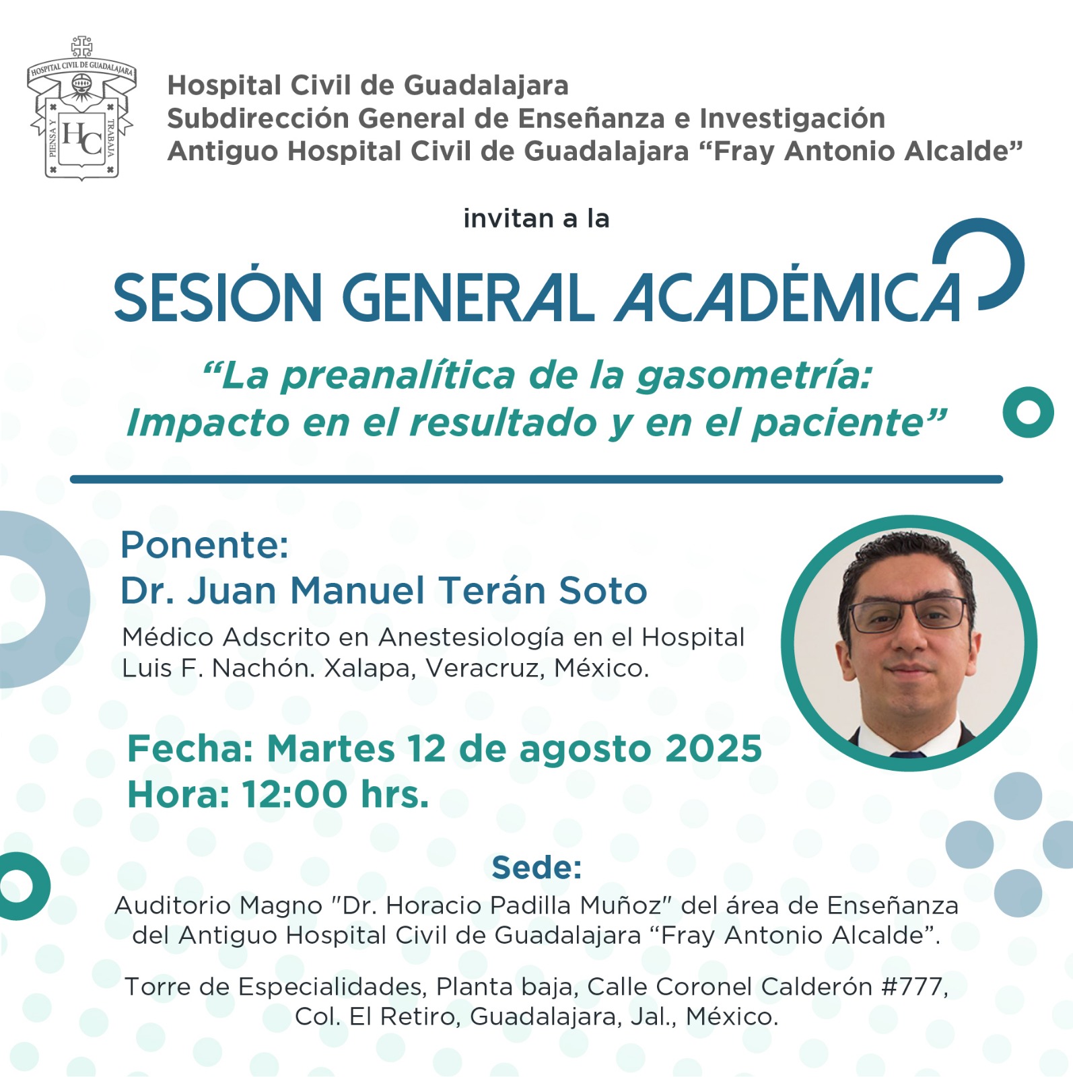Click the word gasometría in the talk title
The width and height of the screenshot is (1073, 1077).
click(755, 376)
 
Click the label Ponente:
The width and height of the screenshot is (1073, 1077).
click(205, 545)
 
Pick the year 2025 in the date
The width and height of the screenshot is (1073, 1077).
click(714, 749)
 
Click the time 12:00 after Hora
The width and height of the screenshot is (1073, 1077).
click(295, 794)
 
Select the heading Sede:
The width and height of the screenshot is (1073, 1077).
click(536, 868)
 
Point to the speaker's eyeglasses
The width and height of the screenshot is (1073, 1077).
click(909, 613)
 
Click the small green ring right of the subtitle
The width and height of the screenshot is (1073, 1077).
click(1028, 412)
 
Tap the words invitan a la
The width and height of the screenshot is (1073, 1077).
click(536, 219)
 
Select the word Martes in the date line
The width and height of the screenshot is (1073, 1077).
click(331, 749)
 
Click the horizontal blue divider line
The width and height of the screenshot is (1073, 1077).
click(536, 479)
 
